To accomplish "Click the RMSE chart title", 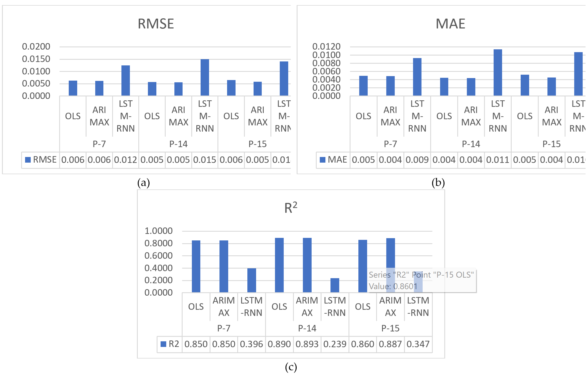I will tap(156, 24).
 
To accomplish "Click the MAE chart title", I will tap(450, 24).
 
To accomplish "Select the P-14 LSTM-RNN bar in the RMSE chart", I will tap(205, 77).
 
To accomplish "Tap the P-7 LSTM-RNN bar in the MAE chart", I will tap(417, 77).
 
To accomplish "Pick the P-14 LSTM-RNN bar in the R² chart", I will tap(335, 285).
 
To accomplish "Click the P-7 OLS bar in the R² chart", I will tap(196, 266).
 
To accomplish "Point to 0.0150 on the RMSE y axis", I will tap(36, 59).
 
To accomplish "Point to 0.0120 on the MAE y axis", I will tap(326, 47).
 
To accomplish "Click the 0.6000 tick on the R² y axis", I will tap(158, 256).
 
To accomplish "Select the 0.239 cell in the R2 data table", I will tap(335, 344).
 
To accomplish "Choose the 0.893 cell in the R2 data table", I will tap(307, 344).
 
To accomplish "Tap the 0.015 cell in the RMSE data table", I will tap(205, 160).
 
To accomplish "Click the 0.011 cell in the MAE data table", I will tap(498, 160).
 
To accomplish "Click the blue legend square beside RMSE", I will tap(28, 160).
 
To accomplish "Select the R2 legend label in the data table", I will tap(174, 344).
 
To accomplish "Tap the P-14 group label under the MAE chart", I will tap(471, 144).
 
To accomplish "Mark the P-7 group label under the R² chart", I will tap(224, 328).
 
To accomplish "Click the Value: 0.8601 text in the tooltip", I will tap(393, 286).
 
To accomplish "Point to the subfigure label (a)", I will tap(143, 183).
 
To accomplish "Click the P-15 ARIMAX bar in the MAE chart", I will tap(552, 87).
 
